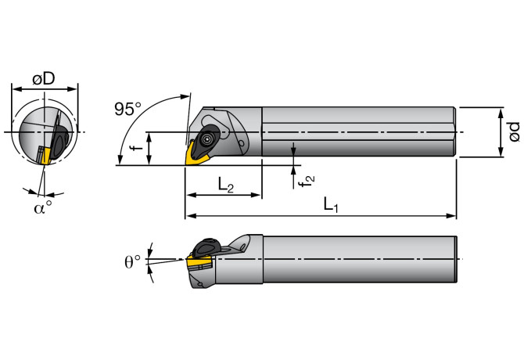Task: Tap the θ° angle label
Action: click(x=133, y=261)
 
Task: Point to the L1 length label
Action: click(x=332, y=206)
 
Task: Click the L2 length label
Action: click(x=225, y=185)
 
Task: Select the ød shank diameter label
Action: click(x=513, y=131)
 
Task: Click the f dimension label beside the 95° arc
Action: click(x=134, y=147)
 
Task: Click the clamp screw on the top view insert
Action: click(x=206, y=139)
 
